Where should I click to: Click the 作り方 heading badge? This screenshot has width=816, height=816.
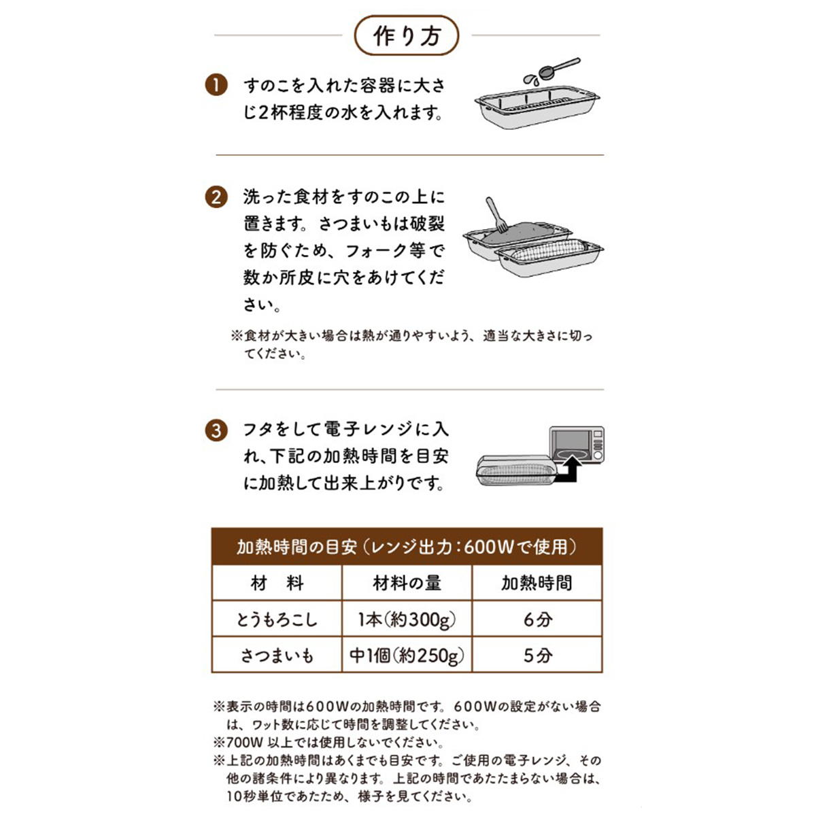click(407, 36)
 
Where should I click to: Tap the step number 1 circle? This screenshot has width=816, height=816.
click(216, 86)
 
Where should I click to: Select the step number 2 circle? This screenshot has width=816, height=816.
click(216, 197)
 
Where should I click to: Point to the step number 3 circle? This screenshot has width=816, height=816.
click(216, 430)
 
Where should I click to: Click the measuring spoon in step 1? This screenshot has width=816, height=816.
click(559, 69)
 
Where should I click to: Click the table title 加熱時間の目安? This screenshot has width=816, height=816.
click(296, 547)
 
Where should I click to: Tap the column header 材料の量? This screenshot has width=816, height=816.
click(407, 583)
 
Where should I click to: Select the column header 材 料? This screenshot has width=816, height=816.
click(277, 583)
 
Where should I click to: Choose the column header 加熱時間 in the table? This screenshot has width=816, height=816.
click(537, 583)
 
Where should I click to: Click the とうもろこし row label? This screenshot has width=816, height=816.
click(277, 619)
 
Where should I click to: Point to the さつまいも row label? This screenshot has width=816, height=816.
click(277, 656)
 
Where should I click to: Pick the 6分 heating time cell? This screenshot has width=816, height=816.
click(537, 619)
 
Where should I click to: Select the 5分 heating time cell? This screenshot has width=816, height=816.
click(537, 656)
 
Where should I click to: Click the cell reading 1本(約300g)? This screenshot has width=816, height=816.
click(407, 619)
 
